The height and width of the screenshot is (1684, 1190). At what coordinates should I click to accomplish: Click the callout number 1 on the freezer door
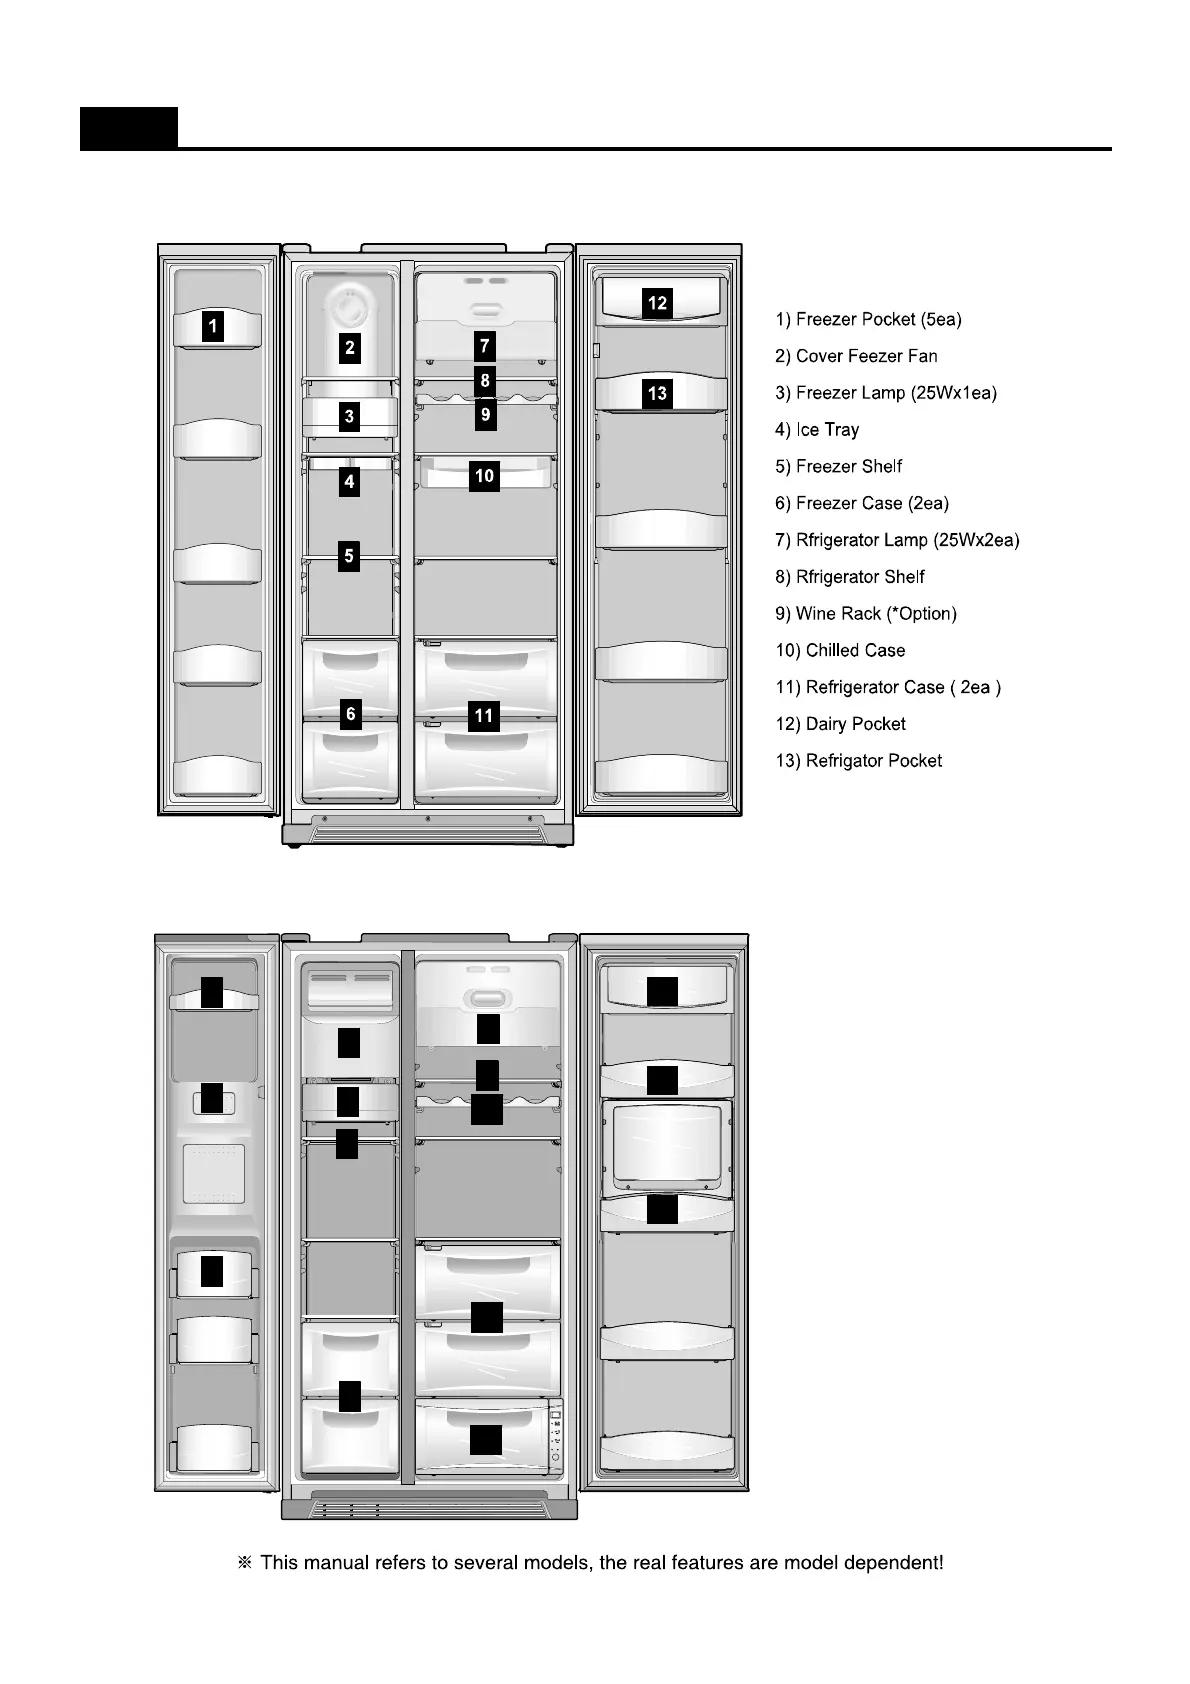212,326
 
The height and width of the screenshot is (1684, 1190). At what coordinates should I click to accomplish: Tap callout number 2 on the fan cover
350,348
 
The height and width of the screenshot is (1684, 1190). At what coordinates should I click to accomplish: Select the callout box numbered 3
349,416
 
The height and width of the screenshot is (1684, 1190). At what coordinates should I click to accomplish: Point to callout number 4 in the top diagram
349,482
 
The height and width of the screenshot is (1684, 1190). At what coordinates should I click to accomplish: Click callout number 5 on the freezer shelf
349,555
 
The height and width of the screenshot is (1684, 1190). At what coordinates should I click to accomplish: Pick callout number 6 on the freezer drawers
350,714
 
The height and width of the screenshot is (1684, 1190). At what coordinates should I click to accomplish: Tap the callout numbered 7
485,346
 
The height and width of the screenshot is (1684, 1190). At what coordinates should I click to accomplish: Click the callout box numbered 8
485,380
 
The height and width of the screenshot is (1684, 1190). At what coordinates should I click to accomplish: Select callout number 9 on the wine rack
485,413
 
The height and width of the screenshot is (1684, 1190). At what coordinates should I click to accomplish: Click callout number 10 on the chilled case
485,476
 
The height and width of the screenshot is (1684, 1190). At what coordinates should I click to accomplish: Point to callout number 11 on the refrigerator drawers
484,716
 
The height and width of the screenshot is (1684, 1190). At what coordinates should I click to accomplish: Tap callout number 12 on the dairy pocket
657,303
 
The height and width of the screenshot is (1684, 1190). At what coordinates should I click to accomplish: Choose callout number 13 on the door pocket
657,393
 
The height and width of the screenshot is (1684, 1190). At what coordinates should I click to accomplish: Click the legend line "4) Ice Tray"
817,430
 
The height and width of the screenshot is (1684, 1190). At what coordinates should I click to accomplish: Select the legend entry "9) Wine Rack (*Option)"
866,614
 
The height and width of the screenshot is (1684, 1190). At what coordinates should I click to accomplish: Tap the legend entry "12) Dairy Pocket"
840,724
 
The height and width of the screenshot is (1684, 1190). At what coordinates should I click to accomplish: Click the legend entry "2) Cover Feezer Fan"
856,356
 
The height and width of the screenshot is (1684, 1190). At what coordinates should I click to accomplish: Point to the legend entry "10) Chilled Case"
840,651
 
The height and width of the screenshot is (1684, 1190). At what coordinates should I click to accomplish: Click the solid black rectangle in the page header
129,128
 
